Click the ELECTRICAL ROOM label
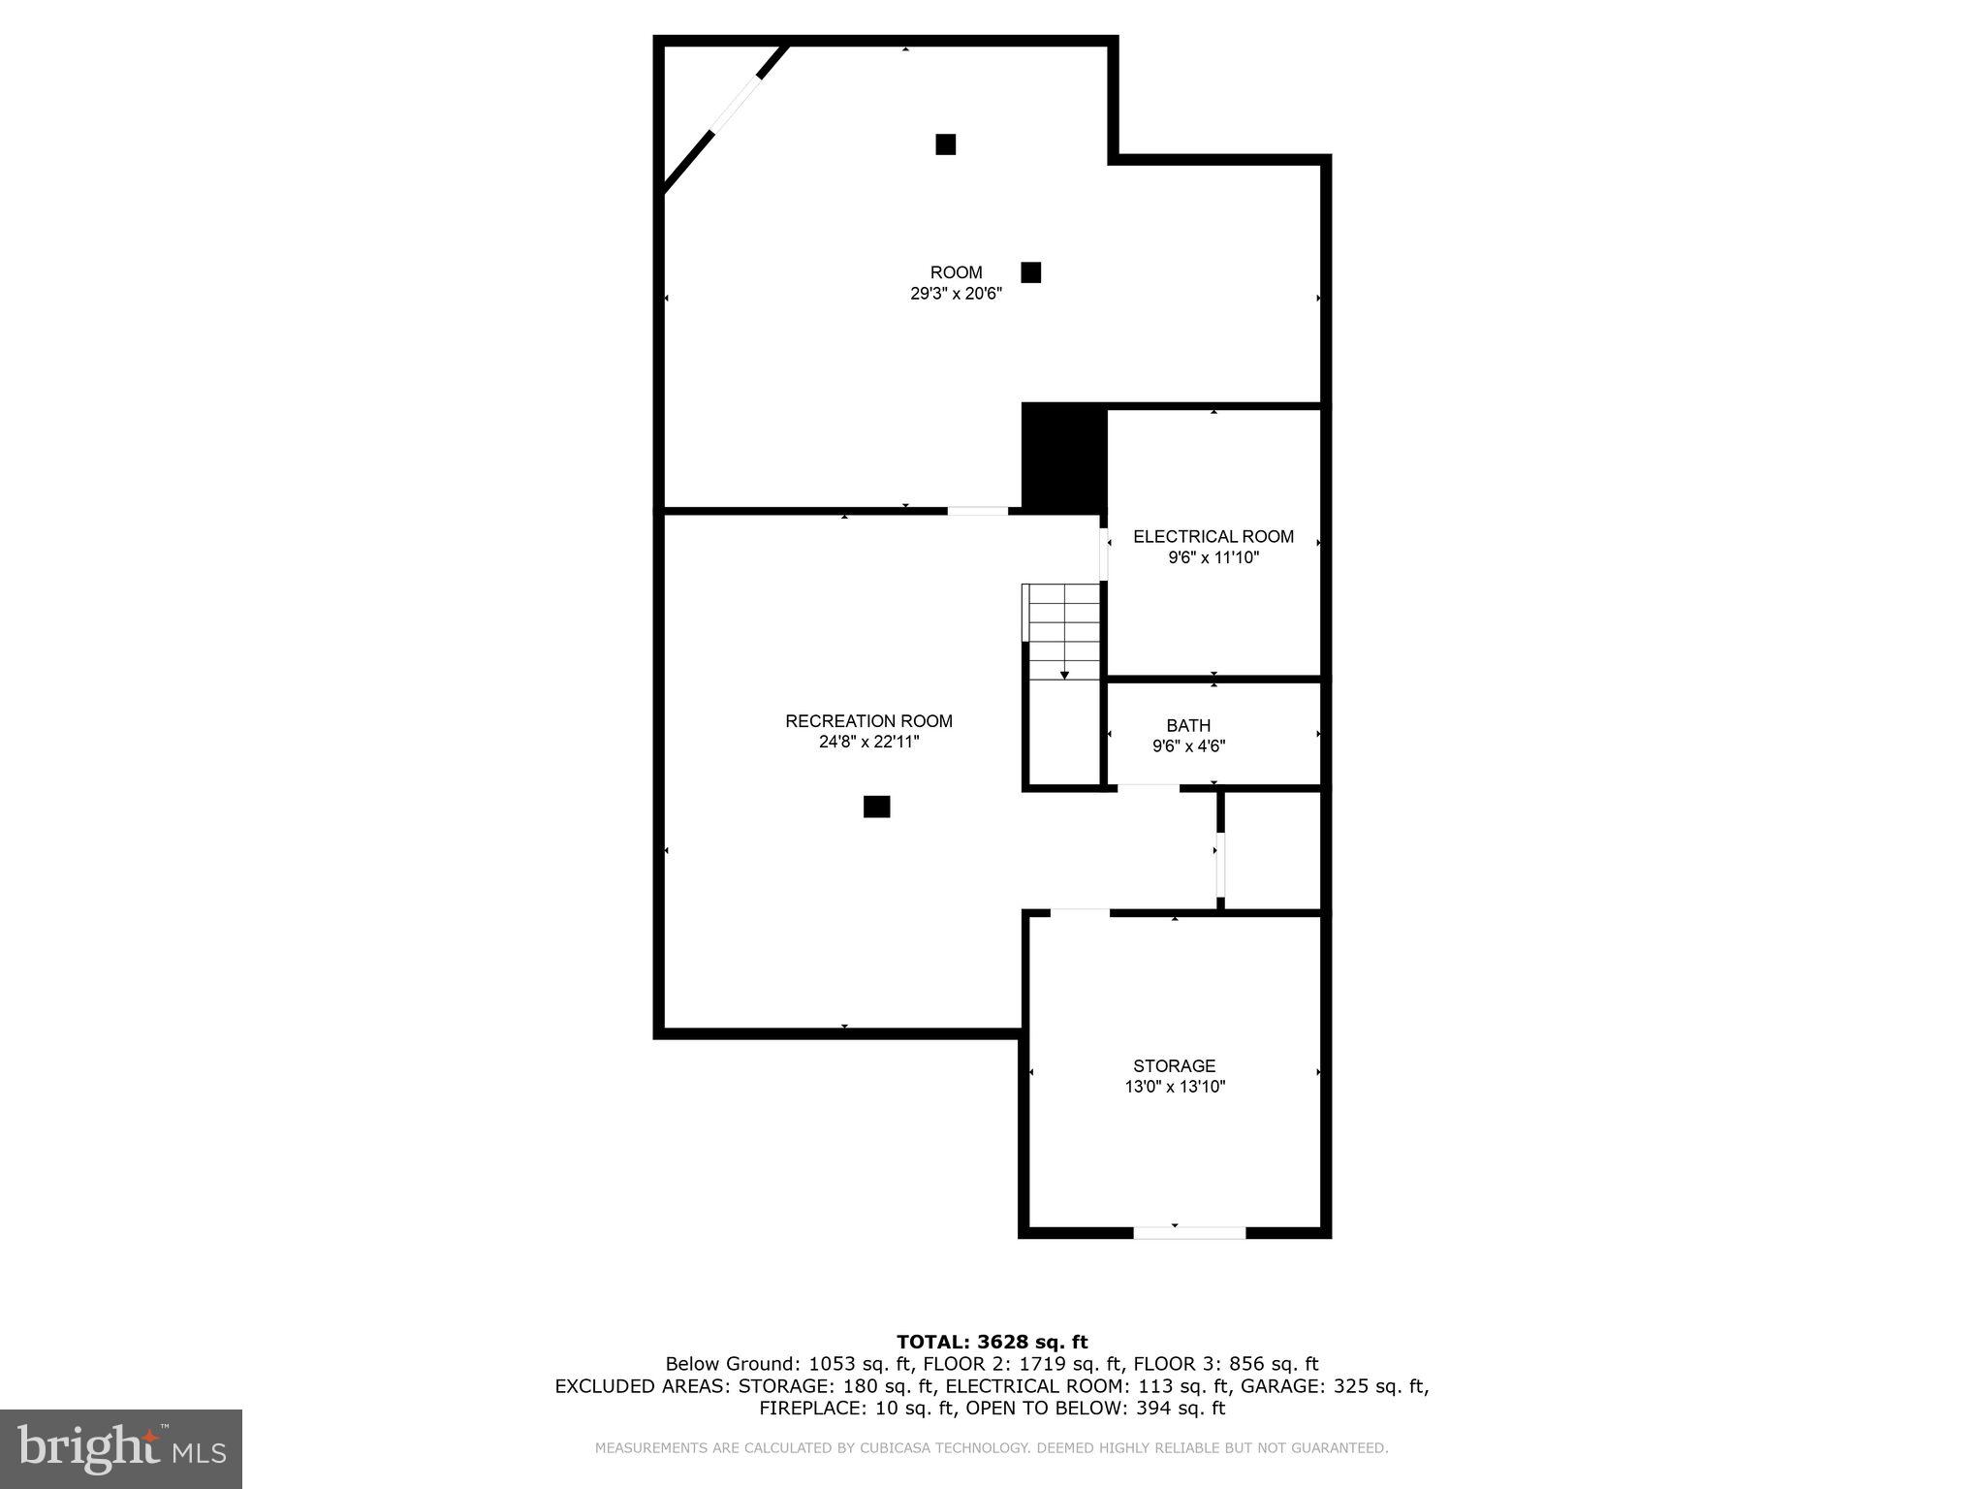tap(1213, 536)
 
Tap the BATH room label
tap(1187, 725)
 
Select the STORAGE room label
tap(1174, 1065)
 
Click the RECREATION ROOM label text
tap(868, 721)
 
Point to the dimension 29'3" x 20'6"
tap(956, 294)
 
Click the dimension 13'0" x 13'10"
tap(1175, 1087)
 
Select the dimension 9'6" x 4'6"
tap(1188, 746)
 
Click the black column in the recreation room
tap(876, 807)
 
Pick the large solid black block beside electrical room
tap(1064, 458)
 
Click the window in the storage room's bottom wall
tap(1189, 1233)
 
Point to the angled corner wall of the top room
tap(724, 117)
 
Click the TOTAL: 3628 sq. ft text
tap(992, 1342)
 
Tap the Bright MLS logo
tap(121, 1448)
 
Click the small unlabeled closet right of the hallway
tap(1273, 851)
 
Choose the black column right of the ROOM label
tap(1030, 272)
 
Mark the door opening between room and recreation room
tap(977, 510)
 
